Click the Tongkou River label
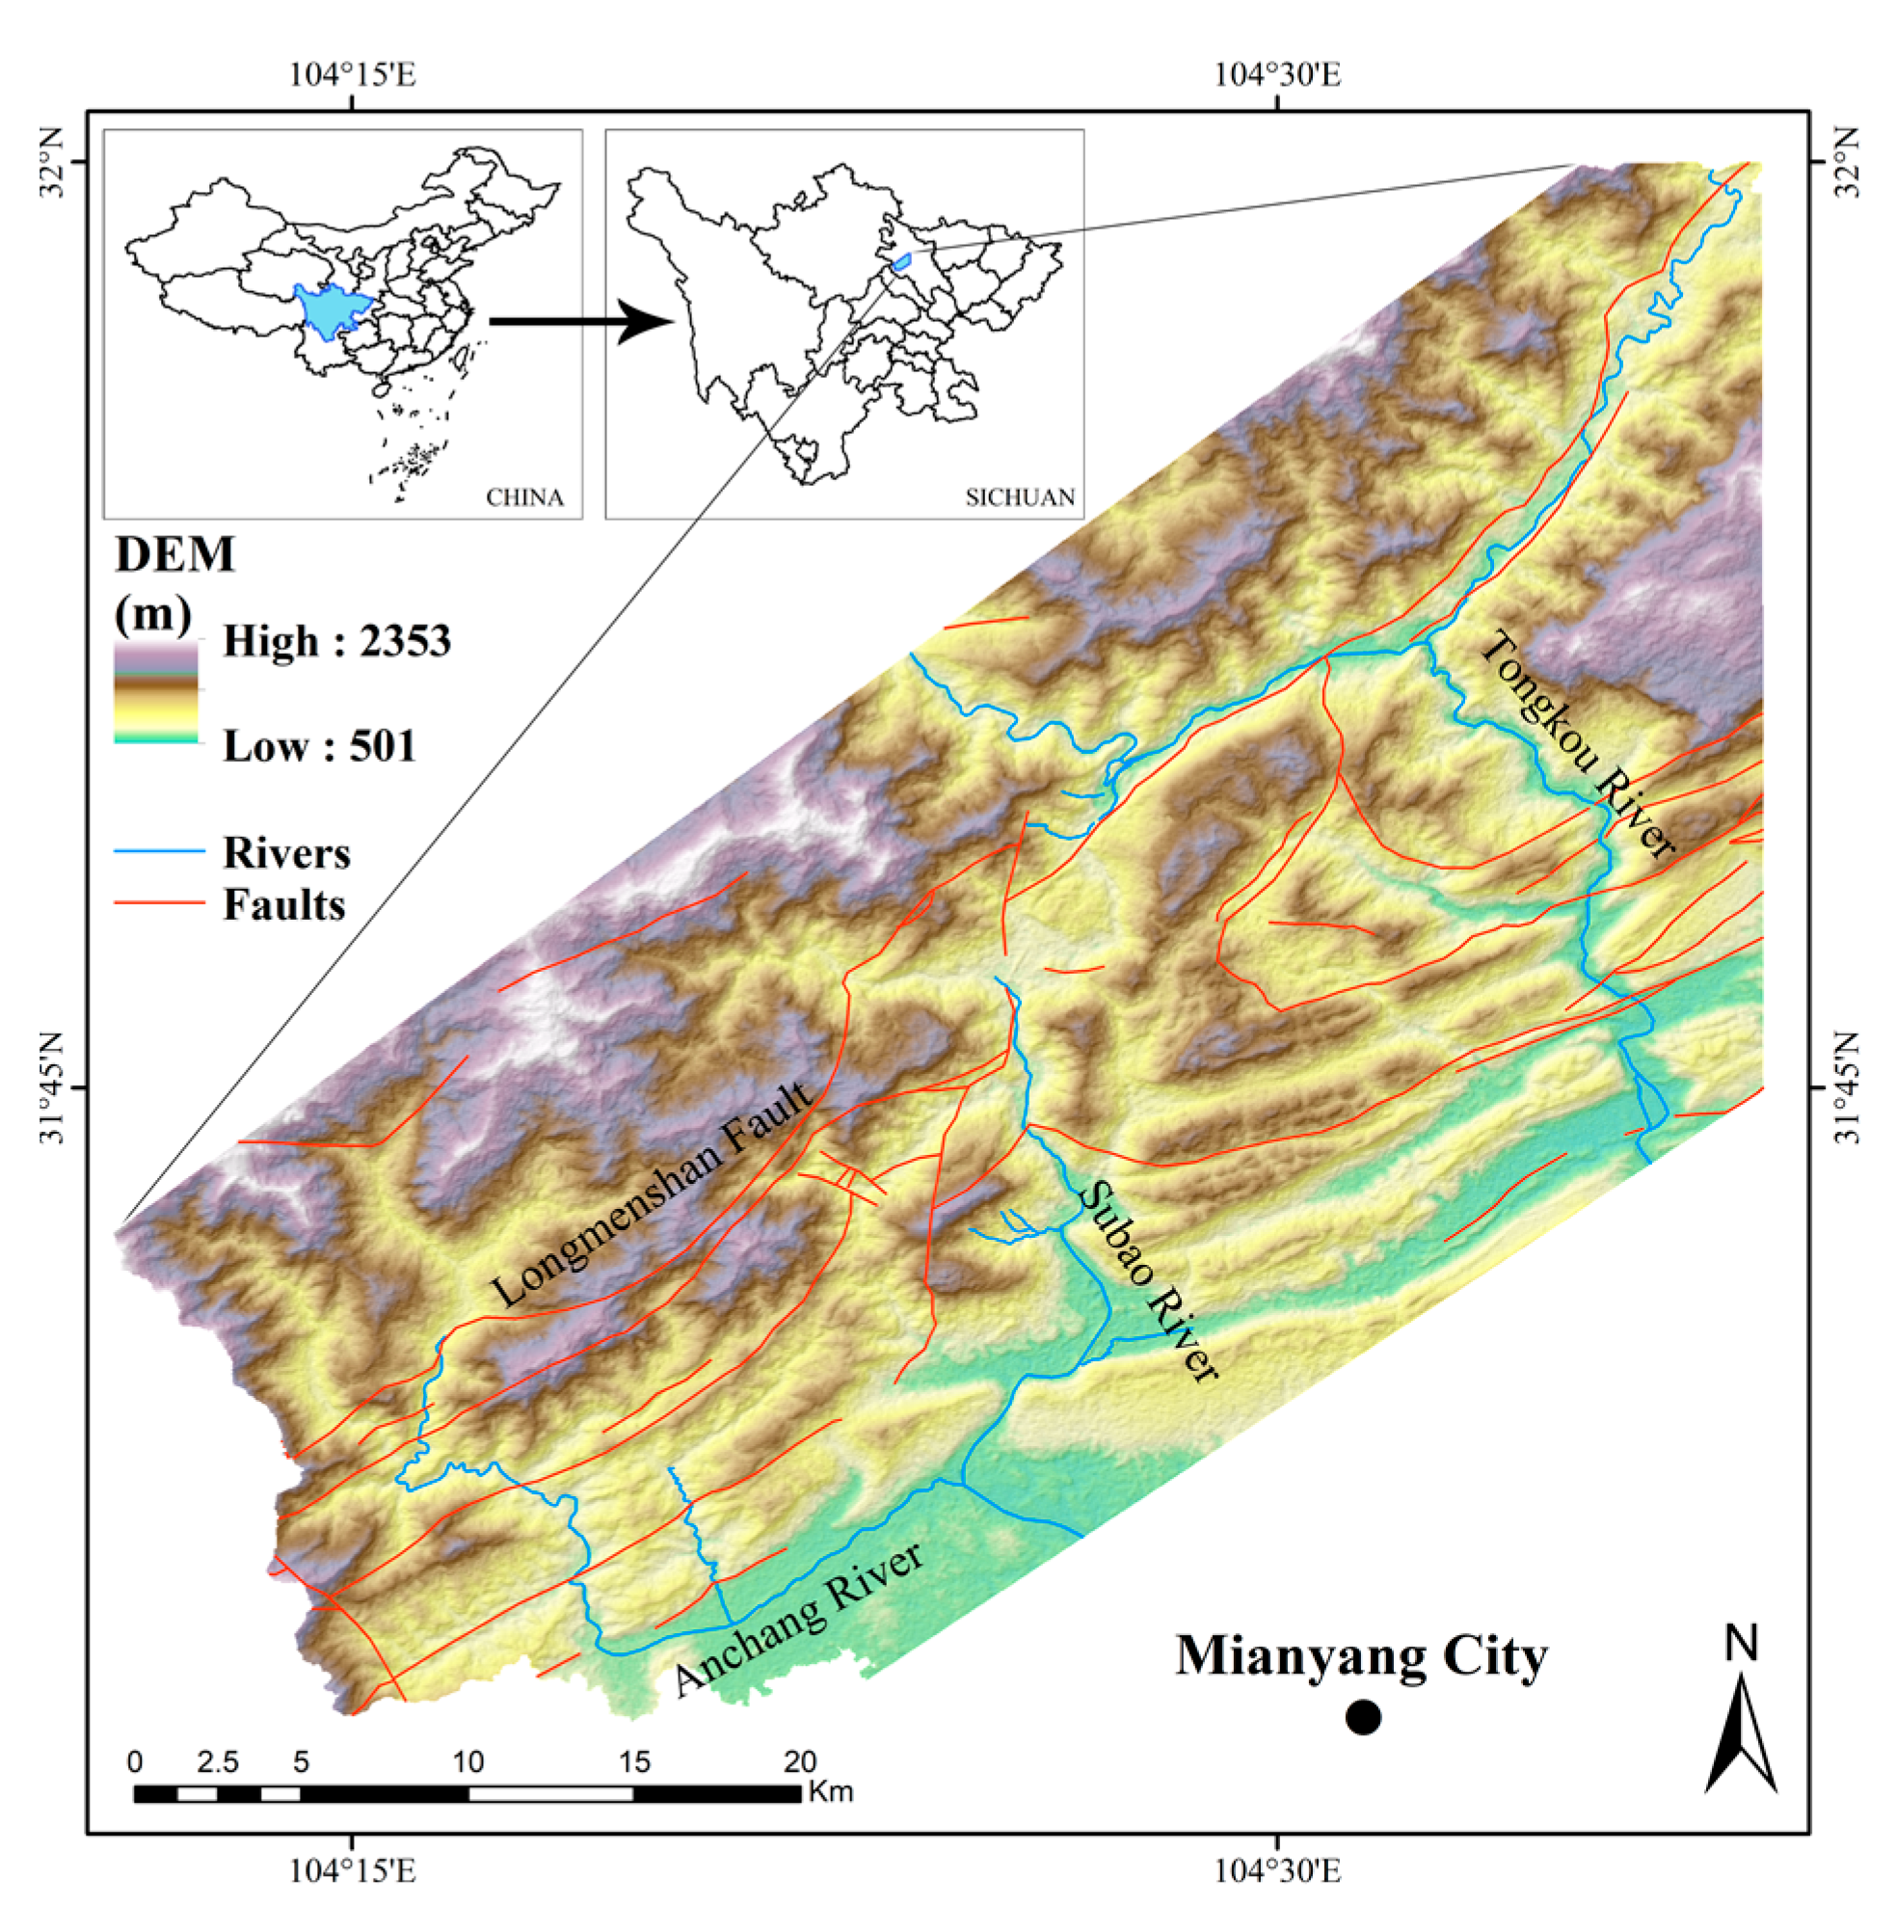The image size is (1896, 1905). click(x=1577, y=743)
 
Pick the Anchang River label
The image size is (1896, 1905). click(x=799, y=1617)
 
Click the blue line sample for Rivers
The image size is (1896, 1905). click(x=159, y=851)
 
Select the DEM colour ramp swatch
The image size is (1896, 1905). click(x=156, y=691)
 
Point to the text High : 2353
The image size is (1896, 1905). click(x=336, y=641)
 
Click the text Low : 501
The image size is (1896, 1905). click(x=319, y=745)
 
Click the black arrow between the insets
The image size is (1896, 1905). click(x=581, y=321)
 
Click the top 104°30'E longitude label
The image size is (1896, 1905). click(x=1277, y=74)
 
